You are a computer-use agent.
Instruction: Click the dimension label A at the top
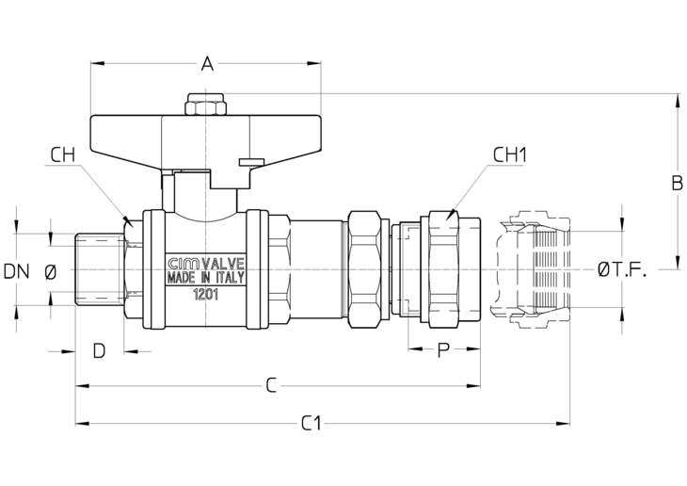click(207, 64)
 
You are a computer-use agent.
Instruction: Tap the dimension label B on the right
click(677, 184)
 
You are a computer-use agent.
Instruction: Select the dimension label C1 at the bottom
click(312, 423)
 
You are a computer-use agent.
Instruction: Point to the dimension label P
click(444, 350)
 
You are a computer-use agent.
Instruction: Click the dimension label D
click(100, 351)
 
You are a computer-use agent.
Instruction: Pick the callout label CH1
click(510, 154)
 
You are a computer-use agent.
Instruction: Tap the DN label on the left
click(16, 271)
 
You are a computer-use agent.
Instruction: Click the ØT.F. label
click(622, 270)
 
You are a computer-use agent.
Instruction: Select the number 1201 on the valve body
click(206, 295)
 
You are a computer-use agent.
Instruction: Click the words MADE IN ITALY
click(205, 278)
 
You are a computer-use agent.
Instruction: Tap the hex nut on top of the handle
click(205, 105)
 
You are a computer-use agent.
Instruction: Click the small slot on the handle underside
click(251, 163)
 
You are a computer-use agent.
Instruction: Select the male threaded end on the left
click(100, 269)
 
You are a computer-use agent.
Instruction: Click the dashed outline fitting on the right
click(530, 269)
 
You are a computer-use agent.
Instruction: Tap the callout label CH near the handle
click(63, 154)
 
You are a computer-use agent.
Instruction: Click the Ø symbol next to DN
click(51, 272)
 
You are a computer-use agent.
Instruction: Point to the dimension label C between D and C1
click(272, 385)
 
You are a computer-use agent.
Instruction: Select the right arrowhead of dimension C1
click(563, 423)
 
